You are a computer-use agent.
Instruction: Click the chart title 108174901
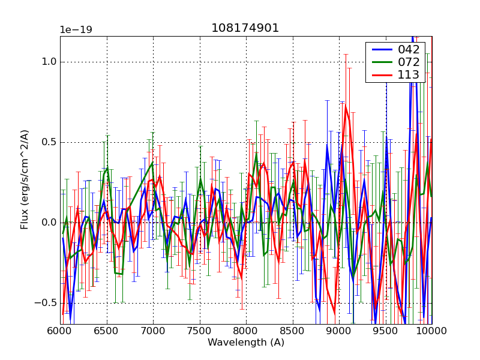coord(245,28)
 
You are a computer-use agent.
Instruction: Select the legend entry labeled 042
coord(408,49)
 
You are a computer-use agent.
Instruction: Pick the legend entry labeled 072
coord(408,62)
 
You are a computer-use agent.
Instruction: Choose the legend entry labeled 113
coord(408,75)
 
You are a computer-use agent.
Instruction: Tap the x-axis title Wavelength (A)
coord(246,343)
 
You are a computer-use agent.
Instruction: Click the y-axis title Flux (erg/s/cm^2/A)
coord(25,180)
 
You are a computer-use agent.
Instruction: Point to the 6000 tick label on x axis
coord(60,331)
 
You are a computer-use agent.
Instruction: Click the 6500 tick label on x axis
coord(107,331)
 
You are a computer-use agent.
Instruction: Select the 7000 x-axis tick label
coord(153,331)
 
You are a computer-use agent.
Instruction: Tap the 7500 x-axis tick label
coord(200,331)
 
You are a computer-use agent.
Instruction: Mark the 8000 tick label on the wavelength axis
coord(246,331)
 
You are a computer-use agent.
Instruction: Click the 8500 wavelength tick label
coord(293,331)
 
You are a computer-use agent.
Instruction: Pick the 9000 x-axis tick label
coord(339,331)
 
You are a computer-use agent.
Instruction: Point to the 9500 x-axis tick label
coord(386,331)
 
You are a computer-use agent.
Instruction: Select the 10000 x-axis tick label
coord(432,331)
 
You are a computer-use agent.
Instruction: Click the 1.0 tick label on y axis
coord(49,62)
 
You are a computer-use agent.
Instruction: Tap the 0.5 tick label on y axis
coord(49,142)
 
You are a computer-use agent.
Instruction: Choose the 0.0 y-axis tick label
coord(49,223)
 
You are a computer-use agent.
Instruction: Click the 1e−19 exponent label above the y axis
coord(76,30)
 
